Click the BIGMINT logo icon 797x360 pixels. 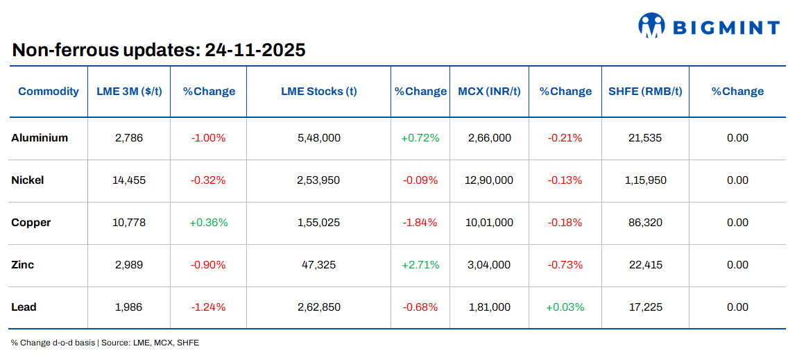coord(652,26)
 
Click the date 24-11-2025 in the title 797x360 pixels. coord(255,50)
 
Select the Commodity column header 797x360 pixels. coord(49,92)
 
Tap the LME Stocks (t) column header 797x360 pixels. coord(318,92)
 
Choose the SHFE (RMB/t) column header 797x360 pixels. coord(644,92)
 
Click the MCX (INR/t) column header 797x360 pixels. coord(489,92)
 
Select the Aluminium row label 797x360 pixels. coord(40,138)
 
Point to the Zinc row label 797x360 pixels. coord(23,265)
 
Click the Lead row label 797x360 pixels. coord(24,307)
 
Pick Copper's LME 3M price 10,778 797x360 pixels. coord(129,223)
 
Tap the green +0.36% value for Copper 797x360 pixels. coord(208,223)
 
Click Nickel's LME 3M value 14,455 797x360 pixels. coord(129,180)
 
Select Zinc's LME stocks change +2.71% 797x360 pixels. coord(420,265)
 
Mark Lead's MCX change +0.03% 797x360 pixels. coord(565,307)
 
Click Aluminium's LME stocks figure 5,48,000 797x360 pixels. coord(318,138)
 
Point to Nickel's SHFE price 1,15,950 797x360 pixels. coord(644,180)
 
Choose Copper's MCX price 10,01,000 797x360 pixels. coord(489,223)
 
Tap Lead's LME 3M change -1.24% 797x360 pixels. coord(208,307)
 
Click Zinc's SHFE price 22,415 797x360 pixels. coord(644,265)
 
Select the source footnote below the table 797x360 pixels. coord(105,343)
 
